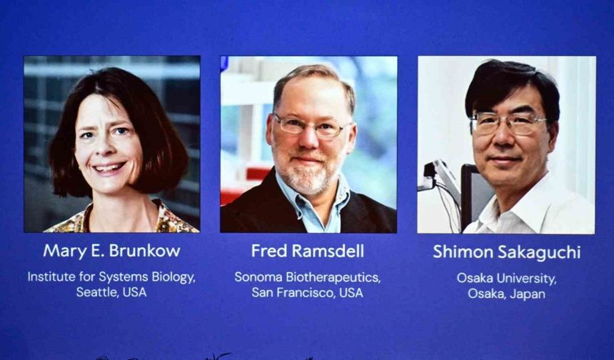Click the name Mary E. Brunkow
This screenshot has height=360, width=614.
pyautogui.click(x=111, y=251)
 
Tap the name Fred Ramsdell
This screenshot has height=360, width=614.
pyautogui.click(x=308, y=251)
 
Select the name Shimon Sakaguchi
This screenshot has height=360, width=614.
pyautogui.click(x=506, y=252)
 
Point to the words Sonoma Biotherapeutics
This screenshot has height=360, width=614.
pyautogui.click(x=307, y=276)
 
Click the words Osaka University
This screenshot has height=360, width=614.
pyautogui.click(x=506, y=278)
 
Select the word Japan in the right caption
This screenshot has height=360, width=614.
pyautogui.click(x=528, y=294)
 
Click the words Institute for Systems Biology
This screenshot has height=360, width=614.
pyautogui.click(x=111, y=276)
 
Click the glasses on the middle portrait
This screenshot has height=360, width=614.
pyautogui.click(x=311, y=127)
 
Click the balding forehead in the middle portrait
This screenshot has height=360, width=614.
pyautogui.click(x=312, y=93)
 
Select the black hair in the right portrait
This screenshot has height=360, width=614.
pyautogui.click(x=510, y=82)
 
